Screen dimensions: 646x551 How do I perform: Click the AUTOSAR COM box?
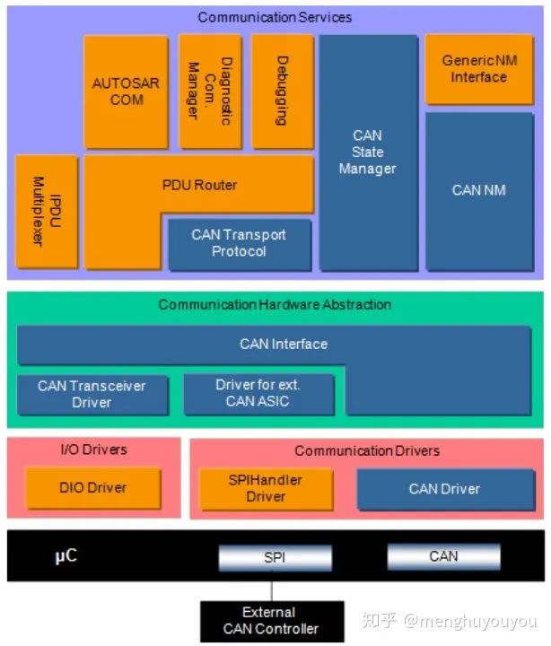click(x=126, y=92)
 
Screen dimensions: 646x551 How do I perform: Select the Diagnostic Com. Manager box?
click(x=209, y=92)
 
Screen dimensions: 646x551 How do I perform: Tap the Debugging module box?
click(x=282, y=92)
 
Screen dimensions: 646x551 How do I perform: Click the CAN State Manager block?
click(x=368, y=153)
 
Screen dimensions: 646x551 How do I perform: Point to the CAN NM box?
click(x=478, y=190)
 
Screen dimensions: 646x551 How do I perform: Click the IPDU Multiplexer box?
click(x=46, y=211)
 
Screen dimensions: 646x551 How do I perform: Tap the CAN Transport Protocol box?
click(x=239, y=243)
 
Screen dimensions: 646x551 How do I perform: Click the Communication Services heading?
click(x=275, y=17)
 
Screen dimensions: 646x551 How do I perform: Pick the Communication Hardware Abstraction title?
click(x=275, y=305)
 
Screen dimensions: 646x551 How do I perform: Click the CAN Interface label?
click(x=284, y=344)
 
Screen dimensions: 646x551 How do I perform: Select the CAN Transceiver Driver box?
click(x=92, y=394)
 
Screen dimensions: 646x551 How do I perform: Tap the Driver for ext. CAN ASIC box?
click(x=258, y=394)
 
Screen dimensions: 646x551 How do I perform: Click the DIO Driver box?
click(x=93, y=488)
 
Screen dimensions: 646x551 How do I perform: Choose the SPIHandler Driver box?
click(x=266, y=488)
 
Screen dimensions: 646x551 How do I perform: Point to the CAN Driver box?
click(x=444, y=489)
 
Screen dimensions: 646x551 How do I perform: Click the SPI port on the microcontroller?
click(x=274, y=557)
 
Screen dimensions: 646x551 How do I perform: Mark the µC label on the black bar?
click(x=66, y=556)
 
